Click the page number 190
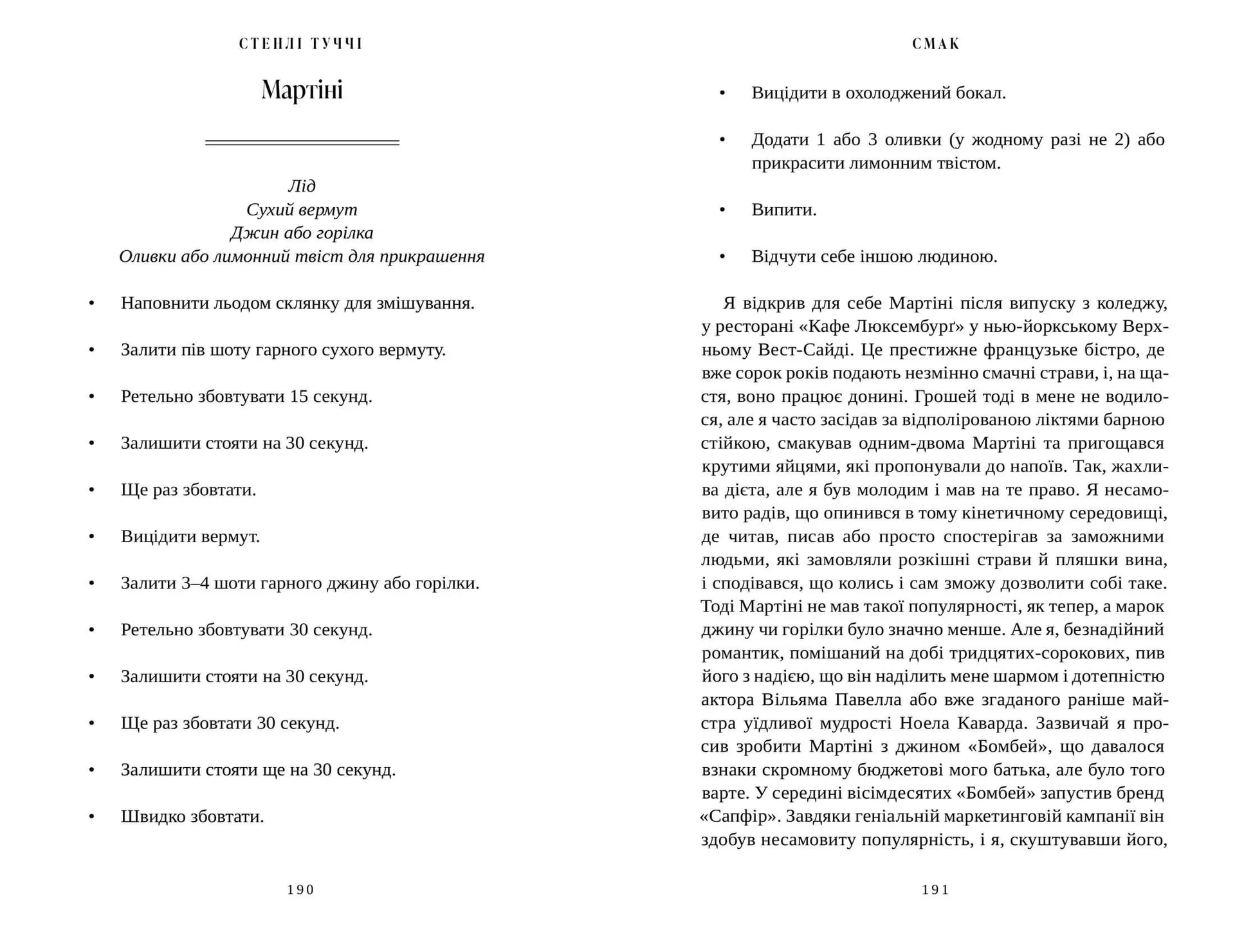pos(300,889)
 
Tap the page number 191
pos(935,889)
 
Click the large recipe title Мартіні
pos(302,90)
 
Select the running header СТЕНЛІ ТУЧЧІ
pos(301,44)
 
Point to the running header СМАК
pos(936,44)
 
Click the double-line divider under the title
pos(302,142)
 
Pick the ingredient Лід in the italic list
pos(302,186)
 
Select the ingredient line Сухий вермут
pos(302,210)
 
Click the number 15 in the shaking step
pos(299,396)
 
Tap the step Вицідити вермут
pos(190,536)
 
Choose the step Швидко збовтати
pos(192,817)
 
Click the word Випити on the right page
pos(783,210)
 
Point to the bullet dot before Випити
pos(722,210)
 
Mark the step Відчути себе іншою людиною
pos(874,257)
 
